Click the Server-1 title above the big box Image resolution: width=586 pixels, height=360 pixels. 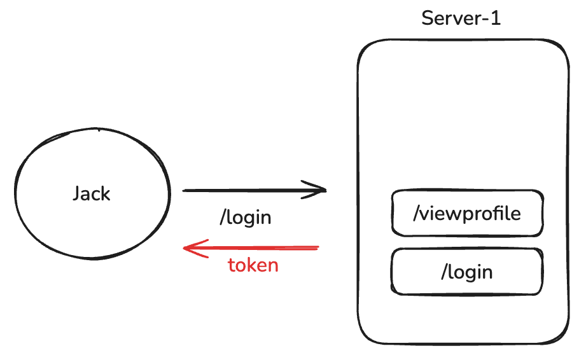pos(461,18)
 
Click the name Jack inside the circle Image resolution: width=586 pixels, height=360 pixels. pos(92,193)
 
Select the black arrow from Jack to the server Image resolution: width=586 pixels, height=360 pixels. pos(255,190)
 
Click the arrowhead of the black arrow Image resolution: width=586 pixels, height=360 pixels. pos(323,190)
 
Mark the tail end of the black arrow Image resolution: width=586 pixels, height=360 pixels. pos(185,190)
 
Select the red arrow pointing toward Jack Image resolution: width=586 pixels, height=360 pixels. pos(251,247)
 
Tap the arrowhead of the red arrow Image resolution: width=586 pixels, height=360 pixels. pos(186,248)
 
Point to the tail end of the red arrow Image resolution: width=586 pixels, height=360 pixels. pos(316,247)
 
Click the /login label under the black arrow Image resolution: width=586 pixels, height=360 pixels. pos(246,218)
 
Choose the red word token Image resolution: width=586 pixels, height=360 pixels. pos(253,265)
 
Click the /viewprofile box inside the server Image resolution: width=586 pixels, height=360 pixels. pos(467,213)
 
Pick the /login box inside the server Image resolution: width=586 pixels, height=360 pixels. pos(467,272)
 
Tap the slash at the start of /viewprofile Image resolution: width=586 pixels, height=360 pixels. pos(416,213)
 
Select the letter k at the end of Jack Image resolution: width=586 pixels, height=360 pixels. pos(106,193)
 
